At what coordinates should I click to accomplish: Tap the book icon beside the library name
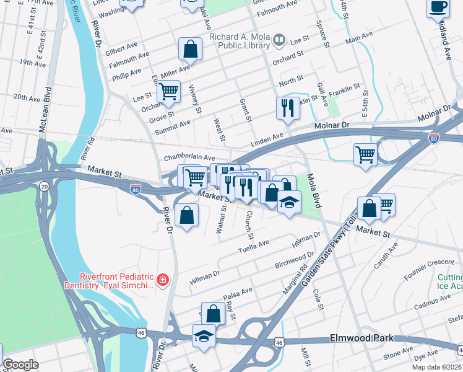coord(279,41)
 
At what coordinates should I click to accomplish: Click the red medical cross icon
coord(163,281)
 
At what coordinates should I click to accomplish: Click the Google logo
coord(20,365)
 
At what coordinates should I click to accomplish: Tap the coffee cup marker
coord(438,7)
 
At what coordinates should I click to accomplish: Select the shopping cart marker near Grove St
coord(168,92)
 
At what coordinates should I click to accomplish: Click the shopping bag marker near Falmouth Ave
coord(191,48)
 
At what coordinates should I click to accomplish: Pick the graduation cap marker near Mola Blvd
coord(288,202)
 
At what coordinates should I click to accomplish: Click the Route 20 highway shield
coord(44,185)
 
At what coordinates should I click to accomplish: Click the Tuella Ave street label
coord(254,246)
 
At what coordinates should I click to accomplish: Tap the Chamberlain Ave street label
coord(189,158)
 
